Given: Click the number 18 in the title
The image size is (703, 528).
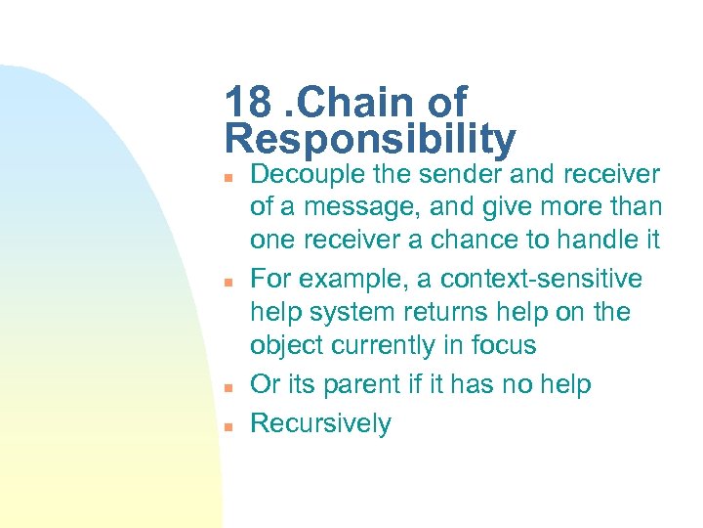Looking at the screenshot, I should click(x=246, y=102).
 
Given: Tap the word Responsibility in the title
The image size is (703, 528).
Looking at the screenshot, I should click(x=370, y=139).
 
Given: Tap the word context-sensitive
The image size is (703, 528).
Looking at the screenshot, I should click(x=541, y=279).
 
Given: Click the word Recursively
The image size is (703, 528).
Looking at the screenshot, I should click(x=320, y=423).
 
